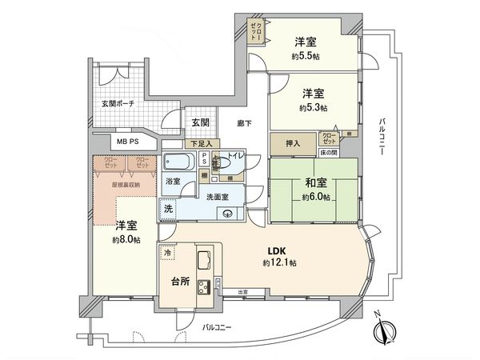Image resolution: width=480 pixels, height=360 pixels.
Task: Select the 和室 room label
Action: pos(314,182)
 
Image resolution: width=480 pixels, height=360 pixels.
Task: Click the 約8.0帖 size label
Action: pos(126,239)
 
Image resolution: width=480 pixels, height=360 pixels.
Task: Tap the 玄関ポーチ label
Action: pos(118,104)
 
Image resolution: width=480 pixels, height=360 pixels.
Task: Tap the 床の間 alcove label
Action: pos(330,152)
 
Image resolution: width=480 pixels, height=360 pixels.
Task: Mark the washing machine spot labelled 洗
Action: pos(169,208)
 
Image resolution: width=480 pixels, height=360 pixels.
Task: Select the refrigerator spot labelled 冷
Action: pos(167,252)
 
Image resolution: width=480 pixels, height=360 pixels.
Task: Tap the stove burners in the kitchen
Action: pos(202,286)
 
